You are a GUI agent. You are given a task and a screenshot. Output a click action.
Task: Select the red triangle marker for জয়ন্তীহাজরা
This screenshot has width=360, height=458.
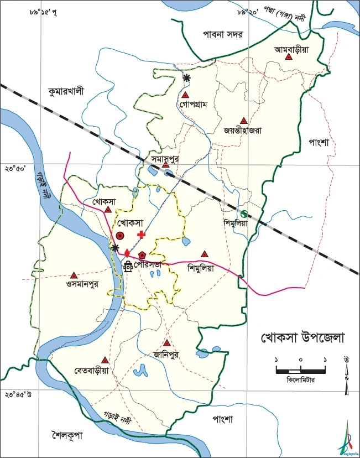(x=243, y=121)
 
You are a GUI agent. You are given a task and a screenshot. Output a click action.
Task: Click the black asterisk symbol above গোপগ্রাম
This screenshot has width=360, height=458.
(x=186, y=78)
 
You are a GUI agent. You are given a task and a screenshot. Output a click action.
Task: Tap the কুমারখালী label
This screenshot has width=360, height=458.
(x=66, y=92)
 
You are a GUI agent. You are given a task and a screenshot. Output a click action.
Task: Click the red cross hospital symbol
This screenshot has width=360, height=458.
(x=141, y=235)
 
